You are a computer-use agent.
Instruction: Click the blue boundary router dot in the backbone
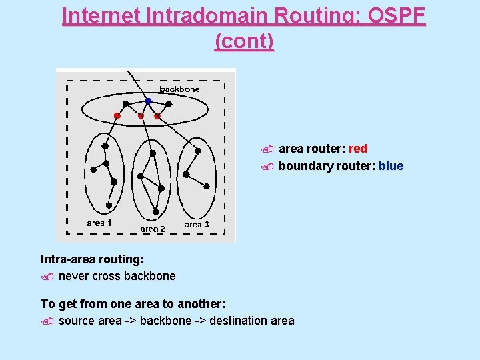tap(148, 101)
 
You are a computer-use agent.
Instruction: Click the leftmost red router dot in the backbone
tap(117, 116)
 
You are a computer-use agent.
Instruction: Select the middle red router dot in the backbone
tap(141, 116)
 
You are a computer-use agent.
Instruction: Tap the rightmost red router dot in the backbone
tap(157, 116)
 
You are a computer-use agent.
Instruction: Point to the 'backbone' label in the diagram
tap(179, 89)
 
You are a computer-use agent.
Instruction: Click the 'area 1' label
tap(99, 223)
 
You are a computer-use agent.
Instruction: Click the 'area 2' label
tap(153, 229)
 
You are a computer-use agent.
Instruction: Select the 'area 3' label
tap(197, 224)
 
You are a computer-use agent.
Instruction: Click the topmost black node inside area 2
tap(153, 153)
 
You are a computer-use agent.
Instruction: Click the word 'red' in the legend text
tap(358, 149)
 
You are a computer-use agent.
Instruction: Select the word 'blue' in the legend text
tap(391, 166)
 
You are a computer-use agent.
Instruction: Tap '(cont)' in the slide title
tap(244, 41)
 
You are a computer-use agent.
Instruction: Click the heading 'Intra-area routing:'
tap(93, 259)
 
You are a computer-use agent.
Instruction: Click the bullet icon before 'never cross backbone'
tap(46, 277)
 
